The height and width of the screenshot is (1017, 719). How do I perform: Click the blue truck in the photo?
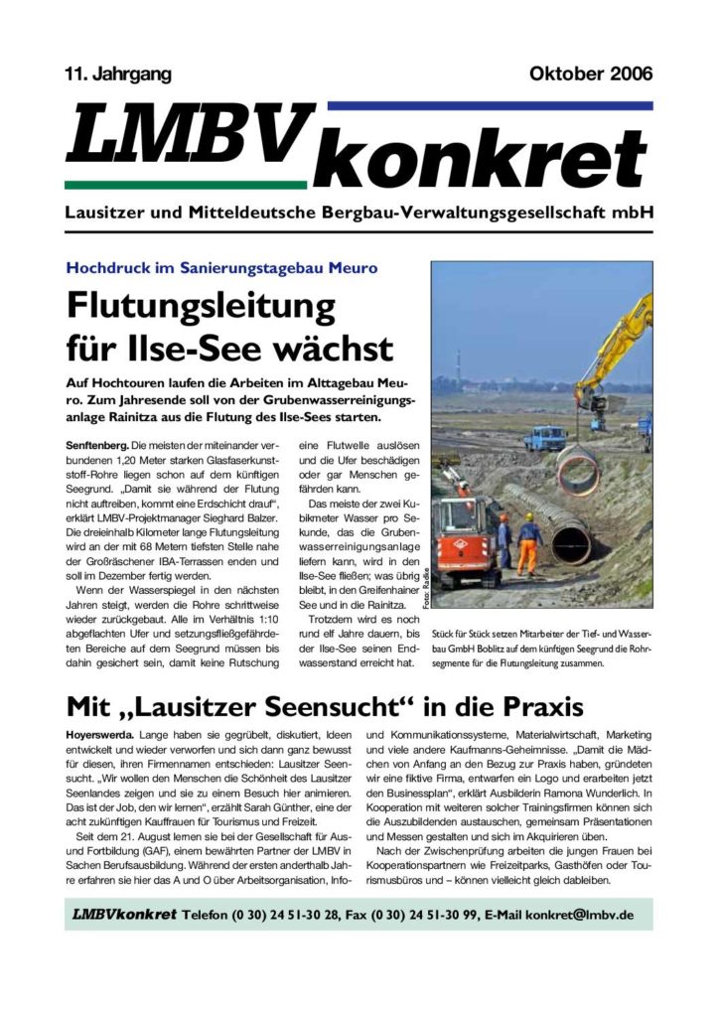click(545, 437)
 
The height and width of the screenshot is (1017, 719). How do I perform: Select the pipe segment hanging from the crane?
click(577, 465)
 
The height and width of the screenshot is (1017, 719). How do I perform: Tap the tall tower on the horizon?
click(458, 363)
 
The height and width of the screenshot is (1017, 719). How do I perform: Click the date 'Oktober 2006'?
click(592, 73)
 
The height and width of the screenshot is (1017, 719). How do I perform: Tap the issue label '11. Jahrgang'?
click(117, 73)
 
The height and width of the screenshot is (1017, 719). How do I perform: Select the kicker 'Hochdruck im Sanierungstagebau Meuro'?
click(220, 268)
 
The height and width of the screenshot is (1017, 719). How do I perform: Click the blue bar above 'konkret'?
click(489, 104)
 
